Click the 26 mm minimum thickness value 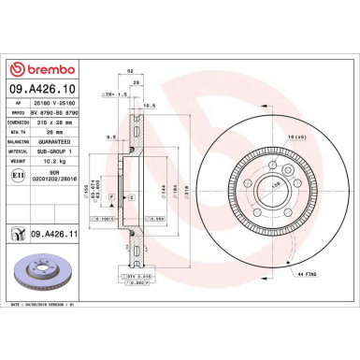pyautogui.click(x=55, y=132)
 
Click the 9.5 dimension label pyautogui.click(x=110, y=135)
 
